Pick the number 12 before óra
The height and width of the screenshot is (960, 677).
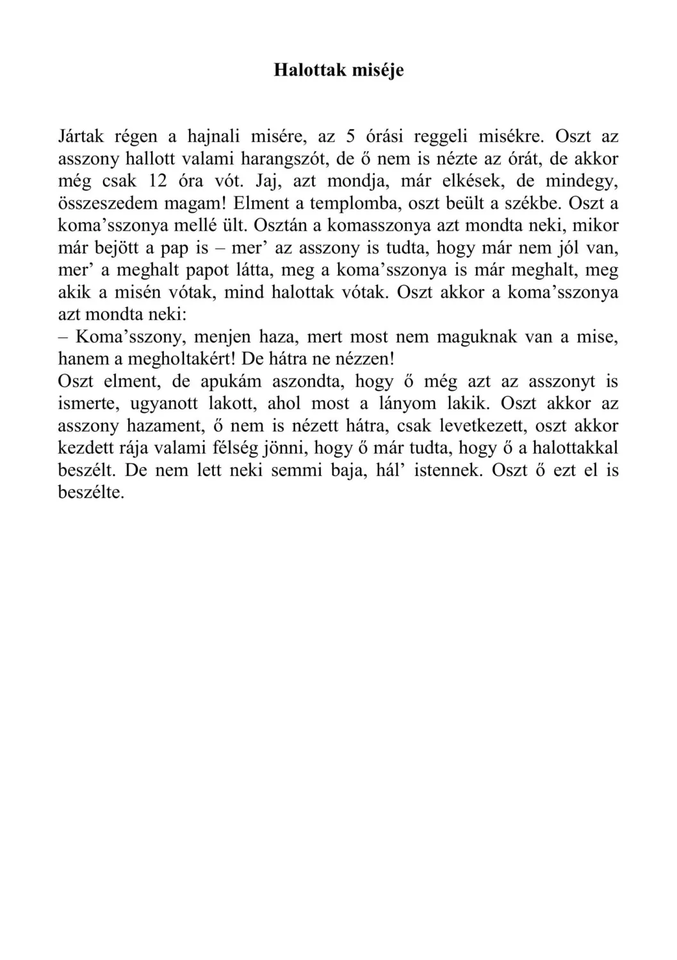tap(158, 181)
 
